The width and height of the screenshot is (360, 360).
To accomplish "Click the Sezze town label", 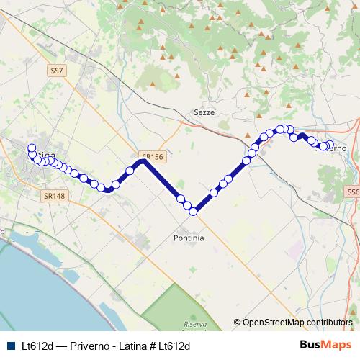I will pos(204,112).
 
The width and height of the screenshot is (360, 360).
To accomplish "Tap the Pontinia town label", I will pos(189,238).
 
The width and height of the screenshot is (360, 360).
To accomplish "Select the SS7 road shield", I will pos(58,71).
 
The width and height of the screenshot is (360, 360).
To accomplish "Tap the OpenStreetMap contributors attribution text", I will pos(297,323).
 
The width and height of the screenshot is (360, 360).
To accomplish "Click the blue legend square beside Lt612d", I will pos(10,346).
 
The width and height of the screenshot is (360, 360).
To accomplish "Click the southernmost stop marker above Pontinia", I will pos(193,212).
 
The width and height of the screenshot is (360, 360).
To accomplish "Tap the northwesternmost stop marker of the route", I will pos(32,148).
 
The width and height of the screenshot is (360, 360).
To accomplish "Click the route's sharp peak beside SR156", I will pos(143,161).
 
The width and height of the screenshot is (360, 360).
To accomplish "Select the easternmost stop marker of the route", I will pos(328,145).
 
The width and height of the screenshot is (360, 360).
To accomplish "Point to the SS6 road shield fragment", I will pos(353,192).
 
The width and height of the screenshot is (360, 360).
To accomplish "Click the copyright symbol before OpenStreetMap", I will pos(237,323).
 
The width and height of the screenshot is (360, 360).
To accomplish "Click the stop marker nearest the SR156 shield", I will pos(130,171).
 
